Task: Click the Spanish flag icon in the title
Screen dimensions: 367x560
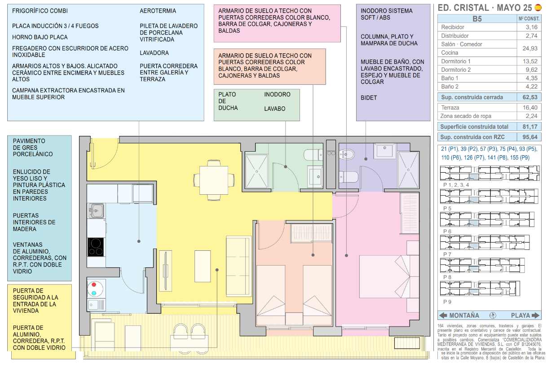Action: (x=538, y=8)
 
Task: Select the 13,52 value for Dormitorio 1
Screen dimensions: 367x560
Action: (x=530, y=61)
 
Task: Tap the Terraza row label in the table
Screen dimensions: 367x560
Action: (x=450, y=108)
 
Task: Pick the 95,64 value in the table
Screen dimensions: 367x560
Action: (x=530, y=137)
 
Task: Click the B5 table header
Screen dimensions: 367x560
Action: (x=477, y=19)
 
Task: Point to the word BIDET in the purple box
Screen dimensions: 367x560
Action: (x=369, y=98)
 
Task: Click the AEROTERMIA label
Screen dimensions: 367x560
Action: (x=158, y=11)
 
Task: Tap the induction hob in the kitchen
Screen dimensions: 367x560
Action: (x=96, y=246)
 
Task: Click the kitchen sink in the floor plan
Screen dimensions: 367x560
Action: (x=96, y=210)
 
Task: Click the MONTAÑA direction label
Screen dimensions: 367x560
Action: (x=464, y=315)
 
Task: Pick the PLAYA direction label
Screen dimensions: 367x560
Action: (x=520, y=315)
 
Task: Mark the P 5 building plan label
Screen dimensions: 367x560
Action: (x=448, y=209)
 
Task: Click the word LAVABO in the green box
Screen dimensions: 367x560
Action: (x=275, y=109)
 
